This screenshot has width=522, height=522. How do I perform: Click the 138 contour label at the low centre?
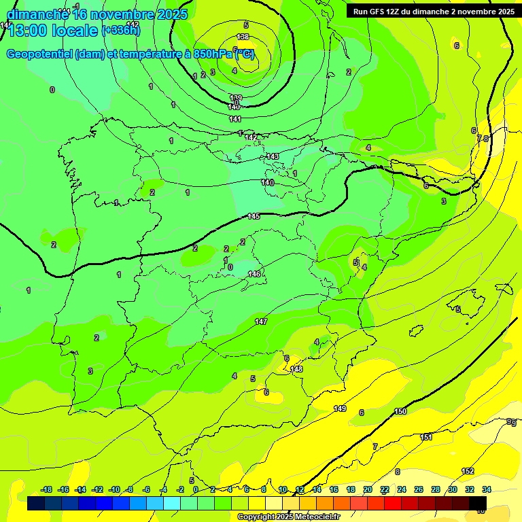tap(243, 37)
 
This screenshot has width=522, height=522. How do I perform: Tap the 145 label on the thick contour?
tap(254, 216)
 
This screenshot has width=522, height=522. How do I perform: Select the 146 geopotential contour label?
tap(254, 274)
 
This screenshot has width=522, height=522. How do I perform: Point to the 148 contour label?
tap(296, 369)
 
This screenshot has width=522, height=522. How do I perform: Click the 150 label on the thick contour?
tap(400, 411)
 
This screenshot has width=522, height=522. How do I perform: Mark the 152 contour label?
tap(468, 471)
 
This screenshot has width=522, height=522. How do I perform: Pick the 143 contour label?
tap(273, 156)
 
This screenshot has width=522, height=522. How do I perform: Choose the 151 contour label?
tap(426, 437)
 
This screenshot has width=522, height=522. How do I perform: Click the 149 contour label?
tap(340, 408)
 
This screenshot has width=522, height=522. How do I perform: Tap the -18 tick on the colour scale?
tap(47, 489)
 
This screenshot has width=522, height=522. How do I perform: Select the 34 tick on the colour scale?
tap(487, 489)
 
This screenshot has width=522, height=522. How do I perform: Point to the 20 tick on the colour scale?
tap(368, 489)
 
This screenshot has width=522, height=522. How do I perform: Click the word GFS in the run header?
tap(379, 12)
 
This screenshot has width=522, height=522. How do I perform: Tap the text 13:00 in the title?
tap(28, 31)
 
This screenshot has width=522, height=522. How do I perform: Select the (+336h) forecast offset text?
tap(120, 31)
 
